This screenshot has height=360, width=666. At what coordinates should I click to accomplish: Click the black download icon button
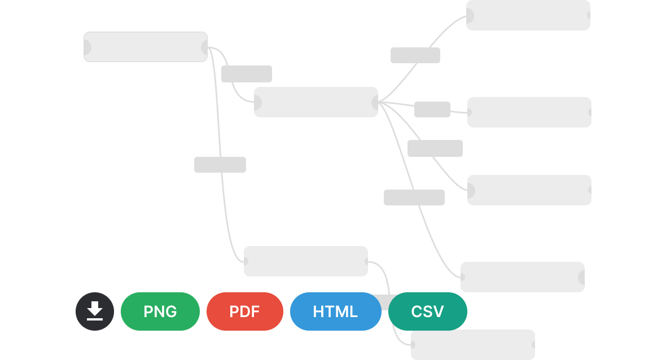[95, 311]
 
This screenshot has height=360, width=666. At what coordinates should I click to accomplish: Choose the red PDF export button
[244, 311]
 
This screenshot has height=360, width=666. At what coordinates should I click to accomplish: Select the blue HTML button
[336, 311]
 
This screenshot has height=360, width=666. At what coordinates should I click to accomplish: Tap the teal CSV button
[428, 311]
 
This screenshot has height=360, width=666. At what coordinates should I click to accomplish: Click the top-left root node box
[146, 47]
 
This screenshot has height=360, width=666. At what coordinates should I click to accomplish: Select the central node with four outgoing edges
[316, 102]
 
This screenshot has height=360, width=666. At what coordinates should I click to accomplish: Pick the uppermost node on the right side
[528, 15]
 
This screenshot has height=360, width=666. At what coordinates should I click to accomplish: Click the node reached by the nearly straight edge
[529, 112]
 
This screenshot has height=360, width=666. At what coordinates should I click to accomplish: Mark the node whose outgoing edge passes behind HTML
[306, 261]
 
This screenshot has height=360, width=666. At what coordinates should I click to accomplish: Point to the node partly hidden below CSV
[473, 345]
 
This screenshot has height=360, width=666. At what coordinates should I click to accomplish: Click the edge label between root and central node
[246, 74]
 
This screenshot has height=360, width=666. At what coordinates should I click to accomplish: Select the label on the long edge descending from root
[220, 165]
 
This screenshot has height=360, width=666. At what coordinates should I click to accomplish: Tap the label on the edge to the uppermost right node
[415, 55]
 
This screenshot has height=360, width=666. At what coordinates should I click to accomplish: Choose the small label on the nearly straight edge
[432, 109]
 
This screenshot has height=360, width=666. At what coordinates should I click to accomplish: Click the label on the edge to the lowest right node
[414, 197]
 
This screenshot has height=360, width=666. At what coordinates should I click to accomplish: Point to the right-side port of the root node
[204, 47]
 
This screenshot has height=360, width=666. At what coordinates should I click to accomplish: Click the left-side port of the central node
[258, 102]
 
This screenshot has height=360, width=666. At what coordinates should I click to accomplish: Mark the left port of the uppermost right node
[470, 16]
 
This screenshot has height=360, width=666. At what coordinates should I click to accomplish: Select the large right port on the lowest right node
[581, 278]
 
